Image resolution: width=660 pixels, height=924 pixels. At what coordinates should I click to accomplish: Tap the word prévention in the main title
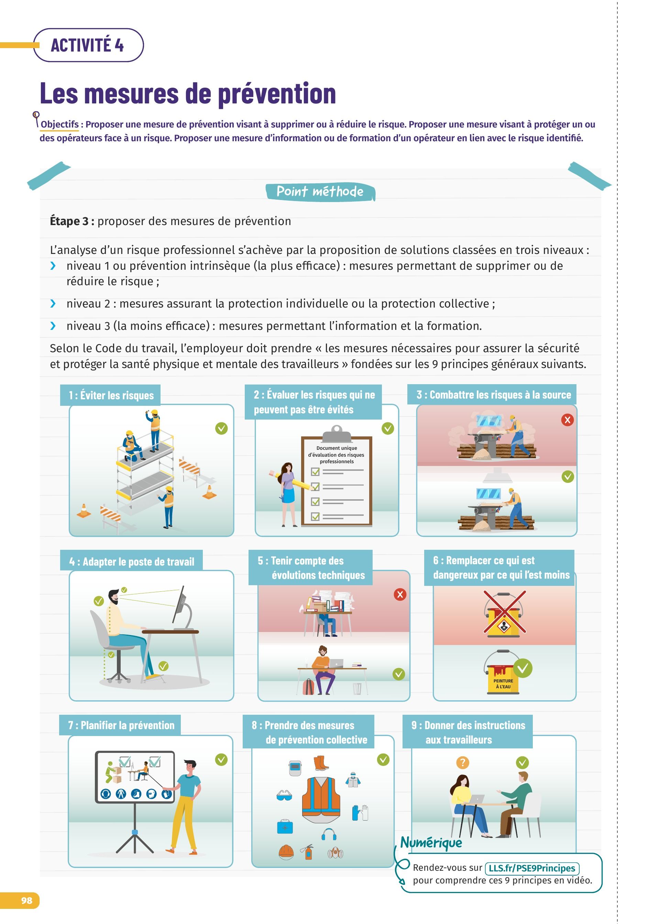[277, 94]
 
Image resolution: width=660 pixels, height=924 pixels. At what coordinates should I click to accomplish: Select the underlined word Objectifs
[60, 124]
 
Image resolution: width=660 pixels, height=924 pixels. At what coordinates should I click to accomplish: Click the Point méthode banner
[320, 191]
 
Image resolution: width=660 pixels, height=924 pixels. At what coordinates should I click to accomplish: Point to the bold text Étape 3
[72, 221]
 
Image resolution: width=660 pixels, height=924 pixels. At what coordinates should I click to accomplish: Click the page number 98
[27, 900]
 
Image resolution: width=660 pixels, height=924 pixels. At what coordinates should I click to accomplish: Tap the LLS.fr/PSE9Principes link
[532, 868]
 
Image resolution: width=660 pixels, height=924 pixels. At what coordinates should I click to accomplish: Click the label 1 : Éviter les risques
[111, 395]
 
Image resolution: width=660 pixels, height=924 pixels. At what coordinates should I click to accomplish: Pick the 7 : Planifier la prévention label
[120, 725]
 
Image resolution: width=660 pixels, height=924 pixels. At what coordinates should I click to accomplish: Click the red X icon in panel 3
[567, 420]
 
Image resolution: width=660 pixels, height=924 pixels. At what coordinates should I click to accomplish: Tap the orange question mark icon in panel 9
[462, 762]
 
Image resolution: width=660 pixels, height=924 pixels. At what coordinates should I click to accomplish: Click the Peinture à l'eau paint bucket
[503, 672]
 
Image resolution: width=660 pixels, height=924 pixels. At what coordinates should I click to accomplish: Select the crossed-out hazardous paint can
[504, 614]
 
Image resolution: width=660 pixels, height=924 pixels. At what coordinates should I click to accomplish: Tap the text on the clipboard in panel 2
[337, 455]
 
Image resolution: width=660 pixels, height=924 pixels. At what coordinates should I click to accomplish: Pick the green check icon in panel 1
[221, 428]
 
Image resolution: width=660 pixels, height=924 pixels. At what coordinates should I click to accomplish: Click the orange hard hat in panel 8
[286, 851]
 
